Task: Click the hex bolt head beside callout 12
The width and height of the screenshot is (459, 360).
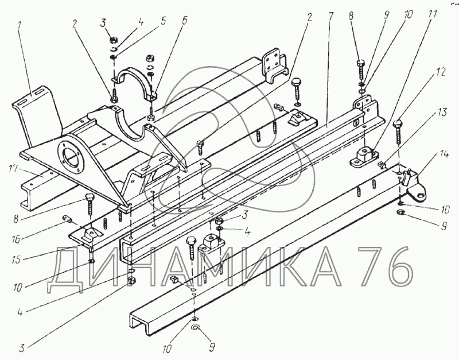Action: pyautogui.click(x=398, y=123)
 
